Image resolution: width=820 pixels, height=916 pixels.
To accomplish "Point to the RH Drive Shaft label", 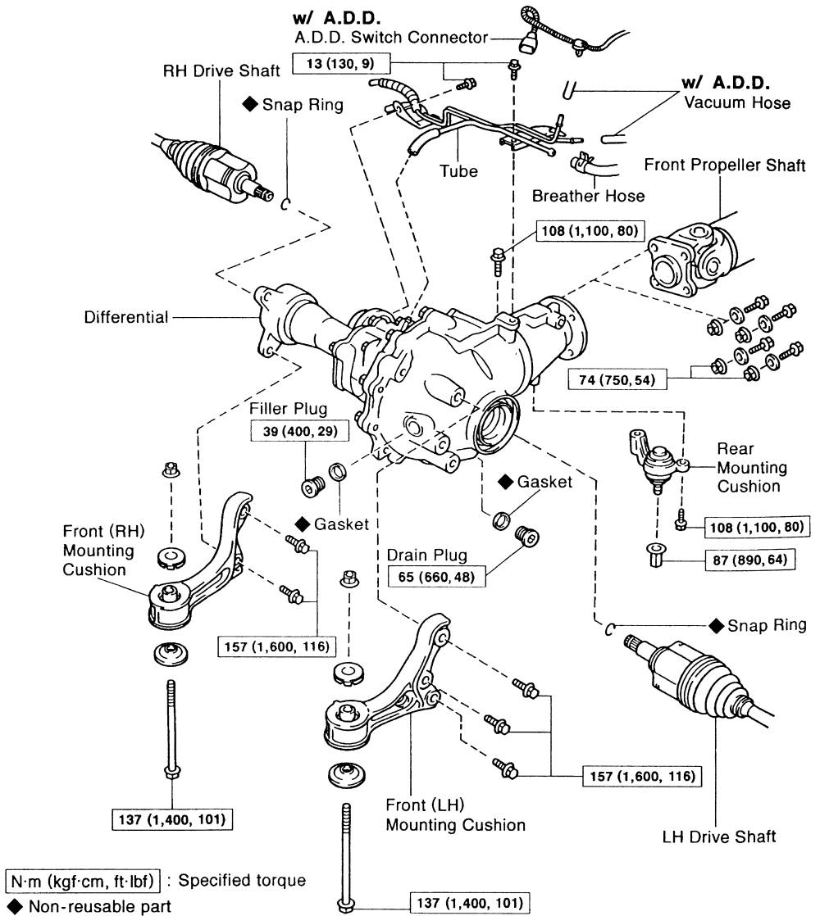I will pyautogui.click(x=221, y=70).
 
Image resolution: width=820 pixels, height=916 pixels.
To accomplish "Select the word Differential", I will pyautogui.click(x=126, y=316).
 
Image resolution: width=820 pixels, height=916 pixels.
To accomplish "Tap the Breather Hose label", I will pyautogui.click(x=588, y=196).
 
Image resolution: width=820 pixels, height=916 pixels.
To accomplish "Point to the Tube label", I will pyautogui.click(x=458, y=171).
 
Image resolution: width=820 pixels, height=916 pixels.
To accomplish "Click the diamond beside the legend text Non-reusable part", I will pyautogui.click(x=11, y=905).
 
